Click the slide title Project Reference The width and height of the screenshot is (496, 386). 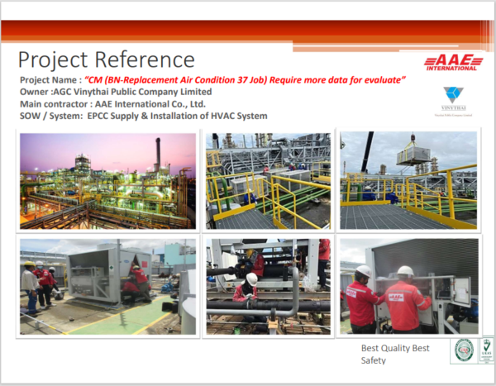[x=106, y=60]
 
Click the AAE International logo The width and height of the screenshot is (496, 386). [x=451, y=63]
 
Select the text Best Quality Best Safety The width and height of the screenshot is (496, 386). [x=394, y=354]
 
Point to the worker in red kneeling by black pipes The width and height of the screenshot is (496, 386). [x=246, y=289]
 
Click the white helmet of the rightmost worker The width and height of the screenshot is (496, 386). [x=404, y=271]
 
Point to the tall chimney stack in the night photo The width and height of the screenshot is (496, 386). [x=157, y=153]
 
